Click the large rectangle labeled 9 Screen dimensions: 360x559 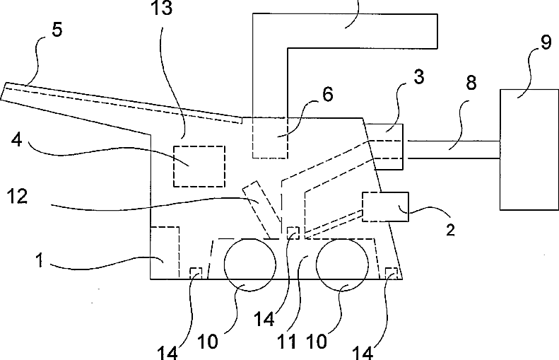click(528, 149)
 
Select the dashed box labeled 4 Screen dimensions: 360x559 click(199, 166)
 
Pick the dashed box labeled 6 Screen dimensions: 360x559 click(270, 137)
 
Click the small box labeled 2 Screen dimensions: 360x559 click(385, 207)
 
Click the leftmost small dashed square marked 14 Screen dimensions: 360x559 click(197, 273)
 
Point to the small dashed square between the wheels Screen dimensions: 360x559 click(293, 233)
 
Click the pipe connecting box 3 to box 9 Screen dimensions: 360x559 click(452, 149)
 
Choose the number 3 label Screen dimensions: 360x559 click(419, 77)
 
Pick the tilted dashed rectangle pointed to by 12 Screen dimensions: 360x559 click(259, 208)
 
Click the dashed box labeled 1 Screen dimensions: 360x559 click(165, 252)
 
